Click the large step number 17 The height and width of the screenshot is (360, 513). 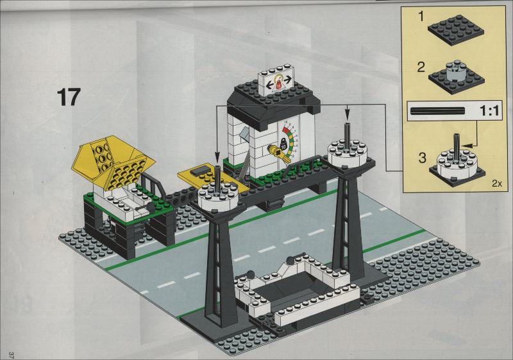click(x=69, y=97)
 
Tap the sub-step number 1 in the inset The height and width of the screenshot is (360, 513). click(x=421, y=17)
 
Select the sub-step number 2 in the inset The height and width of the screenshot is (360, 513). click(x=421, y=67)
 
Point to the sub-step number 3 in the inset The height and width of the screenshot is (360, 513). click(x=423, y=158)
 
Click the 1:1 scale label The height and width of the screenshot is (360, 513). click(x=490, y=111)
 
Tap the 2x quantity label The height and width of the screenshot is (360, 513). click(x=496, y=184)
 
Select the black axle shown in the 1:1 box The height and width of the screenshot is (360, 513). click(x=438, y=111)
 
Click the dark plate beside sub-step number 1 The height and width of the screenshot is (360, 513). click(x=456, y=31)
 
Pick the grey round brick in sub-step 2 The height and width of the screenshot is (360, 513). click(x=455, y=72)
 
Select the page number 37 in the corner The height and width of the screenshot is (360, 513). click(x=12, y=355)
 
